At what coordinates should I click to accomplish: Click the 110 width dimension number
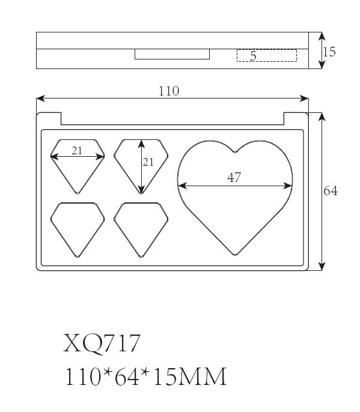coord(169,91)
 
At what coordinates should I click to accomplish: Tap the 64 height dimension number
coord(331,191)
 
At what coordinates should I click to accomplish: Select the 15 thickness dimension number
coord(329,52)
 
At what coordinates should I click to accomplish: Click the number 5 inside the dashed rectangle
coord(253,56)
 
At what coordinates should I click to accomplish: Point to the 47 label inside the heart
coord(234,177)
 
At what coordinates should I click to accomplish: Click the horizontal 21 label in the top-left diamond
coord(77,151)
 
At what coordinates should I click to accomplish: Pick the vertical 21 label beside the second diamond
coord(148,162)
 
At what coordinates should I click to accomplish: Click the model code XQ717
coord(102,343)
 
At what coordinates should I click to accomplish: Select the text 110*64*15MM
coord(145,377)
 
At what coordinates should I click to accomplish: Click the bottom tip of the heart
coord(235,255)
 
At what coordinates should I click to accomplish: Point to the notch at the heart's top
coord(235,152)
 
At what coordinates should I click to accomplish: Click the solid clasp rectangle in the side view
coord(172,54)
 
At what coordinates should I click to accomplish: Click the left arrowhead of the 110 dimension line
coord(40,98)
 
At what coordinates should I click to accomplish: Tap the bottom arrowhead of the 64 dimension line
coord(322,267)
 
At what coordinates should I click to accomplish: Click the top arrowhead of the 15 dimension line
coord(322,36)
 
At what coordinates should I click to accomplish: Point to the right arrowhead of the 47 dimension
coord(288,186)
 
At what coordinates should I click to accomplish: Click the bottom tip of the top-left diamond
coord(78,193)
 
